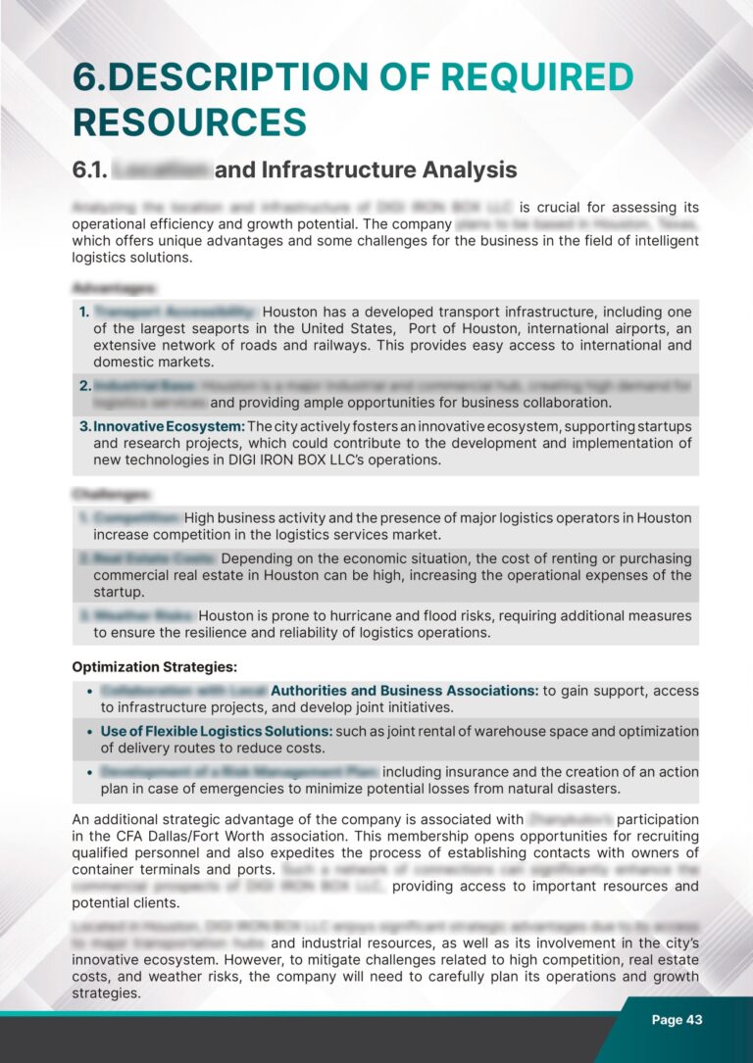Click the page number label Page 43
click(x=677, y=1020)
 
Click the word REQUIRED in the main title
click(x=522, y=79)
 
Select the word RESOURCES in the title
click(x=189, y=123)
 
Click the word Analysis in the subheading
click(x=466, y=170)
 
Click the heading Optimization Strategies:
click(x=155, y=667)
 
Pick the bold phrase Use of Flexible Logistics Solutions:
click(x=216, y=731)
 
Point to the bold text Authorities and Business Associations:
click(x=404, y=691)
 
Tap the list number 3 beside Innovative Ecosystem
click(x=84, y=427)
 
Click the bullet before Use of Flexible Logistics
click(x=90, y=732)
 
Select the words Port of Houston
click(x=461, y=329)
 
